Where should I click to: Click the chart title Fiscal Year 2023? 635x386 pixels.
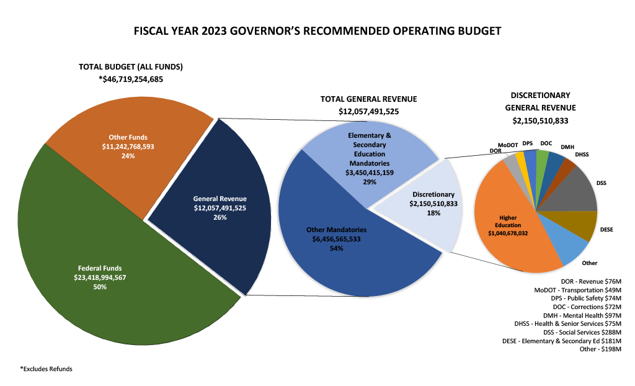point(317,30)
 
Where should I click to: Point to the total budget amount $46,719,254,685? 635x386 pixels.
point(131,79)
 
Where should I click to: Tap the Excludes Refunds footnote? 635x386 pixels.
point(47,369)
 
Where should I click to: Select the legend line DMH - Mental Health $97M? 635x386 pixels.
point(582,315)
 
